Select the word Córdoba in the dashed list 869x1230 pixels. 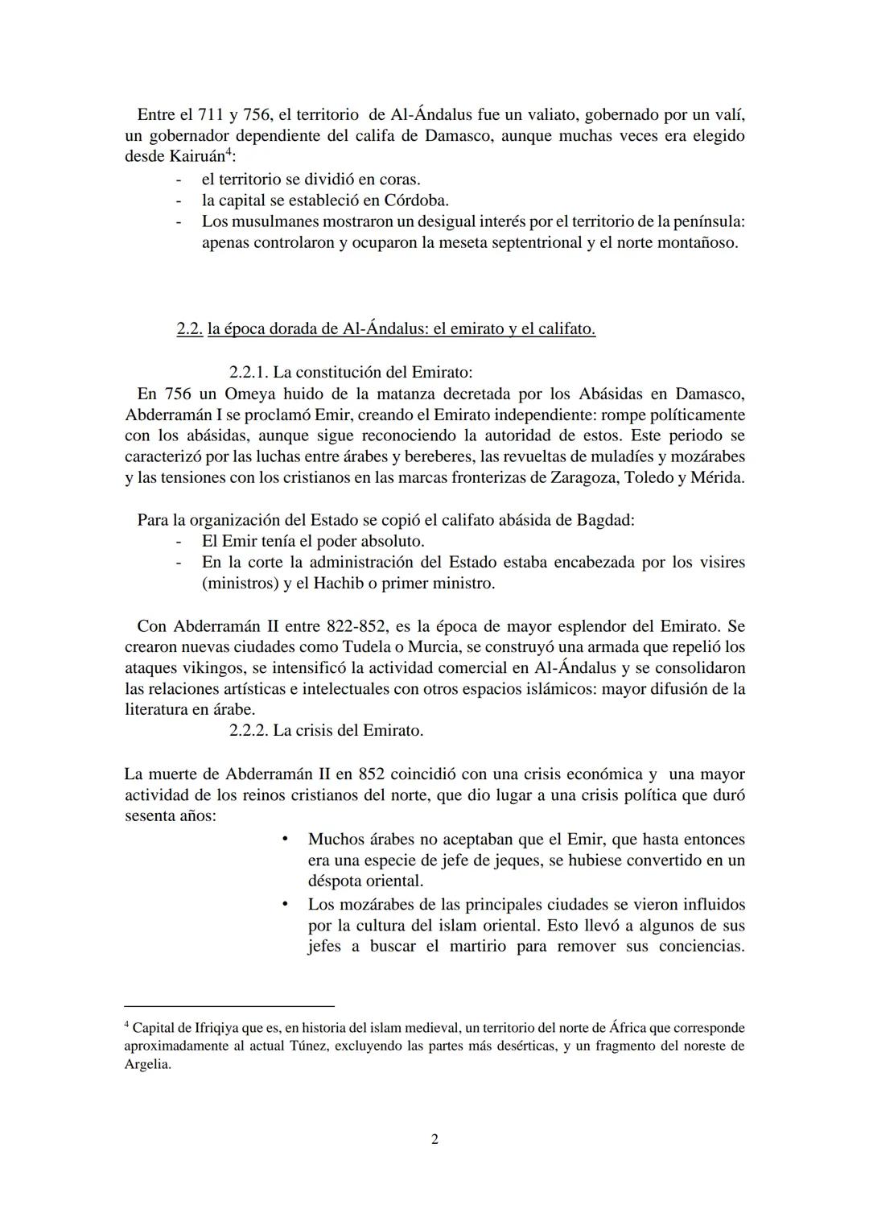[x=414, y=200]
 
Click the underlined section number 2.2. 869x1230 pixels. [x=189, y=329]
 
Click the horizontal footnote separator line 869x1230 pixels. [x=229, y=1006]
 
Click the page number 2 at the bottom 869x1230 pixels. [x=434, y=1139]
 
